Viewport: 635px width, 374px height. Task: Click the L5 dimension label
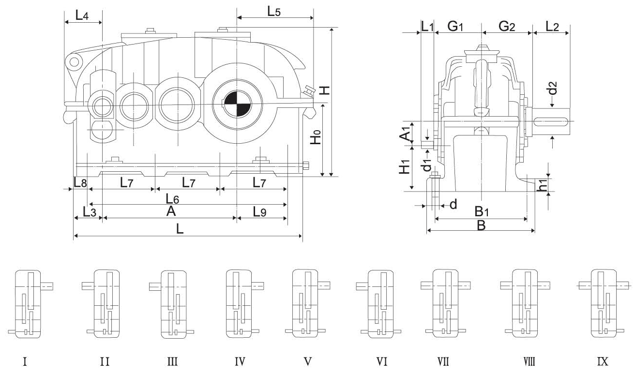(274, 12)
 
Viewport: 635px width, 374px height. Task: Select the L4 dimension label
(82, 15)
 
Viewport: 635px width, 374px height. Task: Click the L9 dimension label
(261, 211)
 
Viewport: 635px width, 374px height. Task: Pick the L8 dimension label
(80, 183)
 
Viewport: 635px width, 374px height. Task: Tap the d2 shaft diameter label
(553, 89)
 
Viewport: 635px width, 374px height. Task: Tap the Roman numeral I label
(25, 361)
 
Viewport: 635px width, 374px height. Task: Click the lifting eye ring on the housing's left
(74, 62)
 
